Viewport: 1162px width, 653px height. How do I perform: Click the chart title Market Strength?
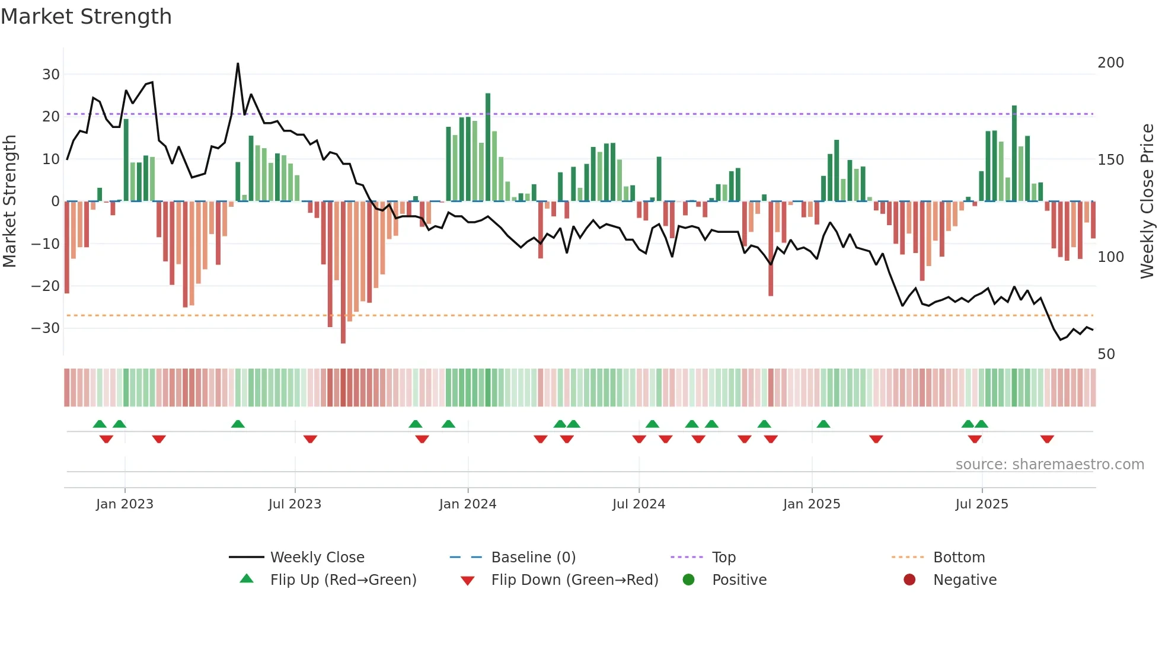tap(86, 17)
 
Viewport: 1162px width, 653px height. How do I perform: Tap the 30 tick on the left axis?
tap(51, 75)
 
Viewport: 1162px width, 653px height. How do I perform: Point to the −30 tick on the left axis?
tap(46, 328)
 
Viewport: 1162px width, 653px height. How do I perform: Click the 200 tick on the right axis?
tap(1110, 63)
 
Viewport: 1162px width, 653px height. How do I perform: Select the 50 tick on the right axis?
tap(1106, 354)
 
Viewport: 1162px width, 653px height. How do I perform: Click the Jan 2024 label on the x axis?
tap(468, 504)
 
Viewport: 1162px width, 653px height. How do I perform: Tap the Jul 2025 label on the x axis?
tap(982, 504)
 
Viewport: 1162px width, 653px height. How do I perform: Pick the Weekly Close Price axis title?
tap(1147, 201)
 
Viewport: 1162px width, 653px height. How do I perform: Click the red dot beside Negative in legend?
tap(909, 580)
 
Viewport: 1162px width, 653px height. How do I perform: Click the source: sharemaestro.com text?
tap(1049, 465)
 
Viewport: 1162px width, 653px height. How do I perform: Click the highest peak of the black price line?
tap(238, 64)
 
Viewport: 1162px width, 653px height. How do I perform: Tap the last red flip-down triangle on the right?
tap(1047, 439)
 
